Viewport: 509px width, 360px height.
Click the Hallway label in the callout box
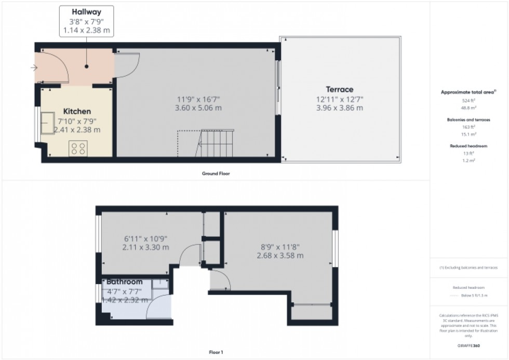pyautogui.click(x=86, y=11)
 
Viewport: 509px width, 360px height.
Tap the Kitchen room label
pyautogui.click(x=77, y=111)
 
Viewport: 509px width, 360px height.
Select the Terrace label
pyautogui.click(x=339, y=89)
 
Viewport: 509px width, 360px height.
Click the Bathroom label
pyautogui.click(x=124, y=282)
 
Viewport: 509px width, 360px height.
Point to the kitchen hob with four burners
pyautogui.click(x=79, y=148)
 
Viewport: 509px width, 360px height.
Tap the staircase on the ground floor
pyautogui.click(x=215, y=143)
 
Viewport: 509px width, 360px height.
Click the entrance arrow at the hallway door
pyautogui.click(x=34, y=68)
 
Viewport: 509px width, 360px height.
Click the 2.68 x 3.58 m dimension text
pyautogui.click(x=280, y=256)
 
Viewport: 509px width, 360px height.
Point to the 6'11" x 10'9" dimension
pyautogui.click(x=145, y=238)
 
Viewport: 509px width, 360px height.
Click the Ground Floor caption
pyautogui.click(x=216, y=174)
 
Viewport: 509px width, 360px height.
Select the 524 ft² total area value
pyautogui.click(x=469, y=100)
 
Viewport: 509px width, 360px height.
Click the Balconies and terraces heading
pyautogui.click(x=469, y=119)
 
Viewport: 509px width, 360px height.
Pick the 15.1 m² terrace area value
pyautogui.click(x=469, y=134)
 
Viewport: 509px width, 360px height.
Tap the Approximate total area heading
pyautogui.click(x=469, y=92)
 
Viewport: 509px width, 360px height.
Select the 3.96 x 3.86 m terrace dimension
pyautogui.click(x=339, y=108)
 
